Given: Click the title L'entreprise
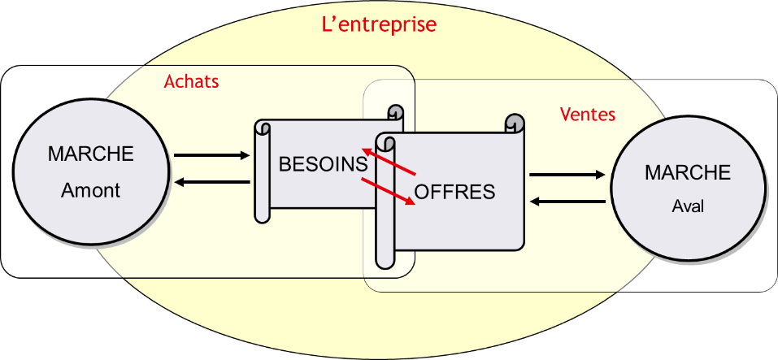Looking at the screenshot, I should click(x=379, y=24).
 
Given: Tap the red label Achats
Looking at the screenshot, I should click(x=192, y=81).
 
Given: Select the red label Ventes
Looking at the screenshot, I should click(x=588, y=114).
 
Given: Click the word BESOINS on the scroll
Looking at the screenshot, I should click(x=323, y=164).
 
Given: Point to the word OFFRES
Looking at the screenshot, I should click(x=454, y=192).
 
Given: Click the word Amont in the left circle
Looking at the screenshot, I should click(x=91, y=190).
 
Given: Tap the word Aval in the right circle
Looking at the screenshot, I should click(x=688, y=206).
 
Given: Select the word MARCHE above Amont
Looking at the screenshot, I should click(x=91, y=154).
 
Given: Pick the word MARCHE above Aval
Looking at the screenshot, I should click(x=688, y=173).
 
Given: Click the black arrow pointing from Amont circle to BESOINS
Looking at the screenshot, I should click(x=212, y=154).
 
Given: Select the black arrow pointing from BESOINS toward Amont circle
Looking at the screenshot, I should click(x=212, y=181).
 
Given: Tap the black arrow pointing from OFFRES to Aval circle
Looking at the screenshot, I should click(x=567, y=175).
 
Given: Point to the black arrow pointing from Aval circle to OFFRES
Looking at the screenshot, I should click(x=567, y=201).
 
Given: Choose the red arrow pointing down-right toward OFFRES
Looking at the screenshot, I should click(x=388, y=191).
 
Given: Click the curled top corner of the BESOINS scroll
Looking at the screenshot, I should click(x=395, y=113).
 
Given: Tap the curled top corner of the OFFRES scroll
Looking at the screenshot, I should click(x=514, y=123).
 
